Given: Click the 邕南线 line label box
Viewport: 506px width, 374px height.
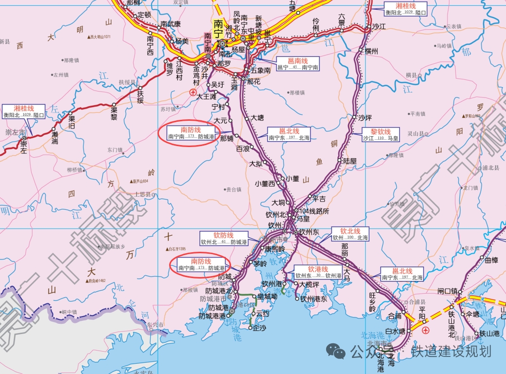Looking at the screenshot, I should tap(298, 64).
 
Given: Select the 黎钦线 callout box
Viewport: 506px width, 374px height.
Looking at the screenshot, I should tap(380, 135).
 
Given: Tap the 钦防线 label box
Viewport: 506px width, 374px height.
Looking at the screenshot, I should tap(224, 238).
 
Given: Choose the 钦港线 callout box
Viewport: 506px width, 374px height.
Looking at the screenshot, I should tap(318, 272).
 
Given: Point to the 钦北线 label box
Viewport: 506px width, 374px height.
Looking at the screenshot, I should tap(350, 234).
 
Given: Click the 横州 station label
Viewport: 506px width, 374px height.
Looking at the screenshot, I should tap(371, 51).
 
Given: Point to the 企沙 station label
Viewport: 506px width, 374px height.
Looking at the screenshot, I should tap(259, 328).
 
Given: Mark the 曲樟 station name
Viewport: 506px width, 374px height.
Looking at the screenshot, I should tap(492, 260).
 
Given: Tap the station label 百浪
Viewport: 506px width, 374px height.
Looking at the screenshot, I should tap(243, 148).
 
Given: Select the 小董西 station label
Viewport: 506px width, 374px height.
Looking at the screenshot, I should tap(265, 184).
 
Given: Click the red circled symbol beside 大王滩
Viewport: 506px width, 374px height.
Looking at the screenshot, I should tap(193, 92).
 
